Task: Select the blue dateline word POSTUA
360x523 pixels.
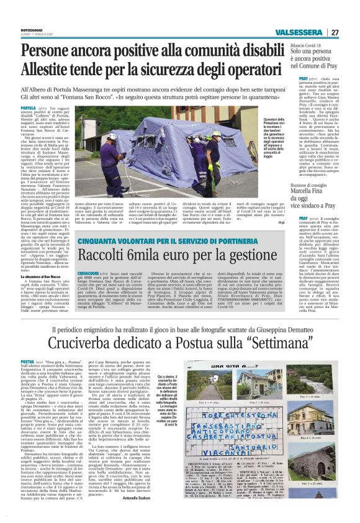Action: pos(27,361)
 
